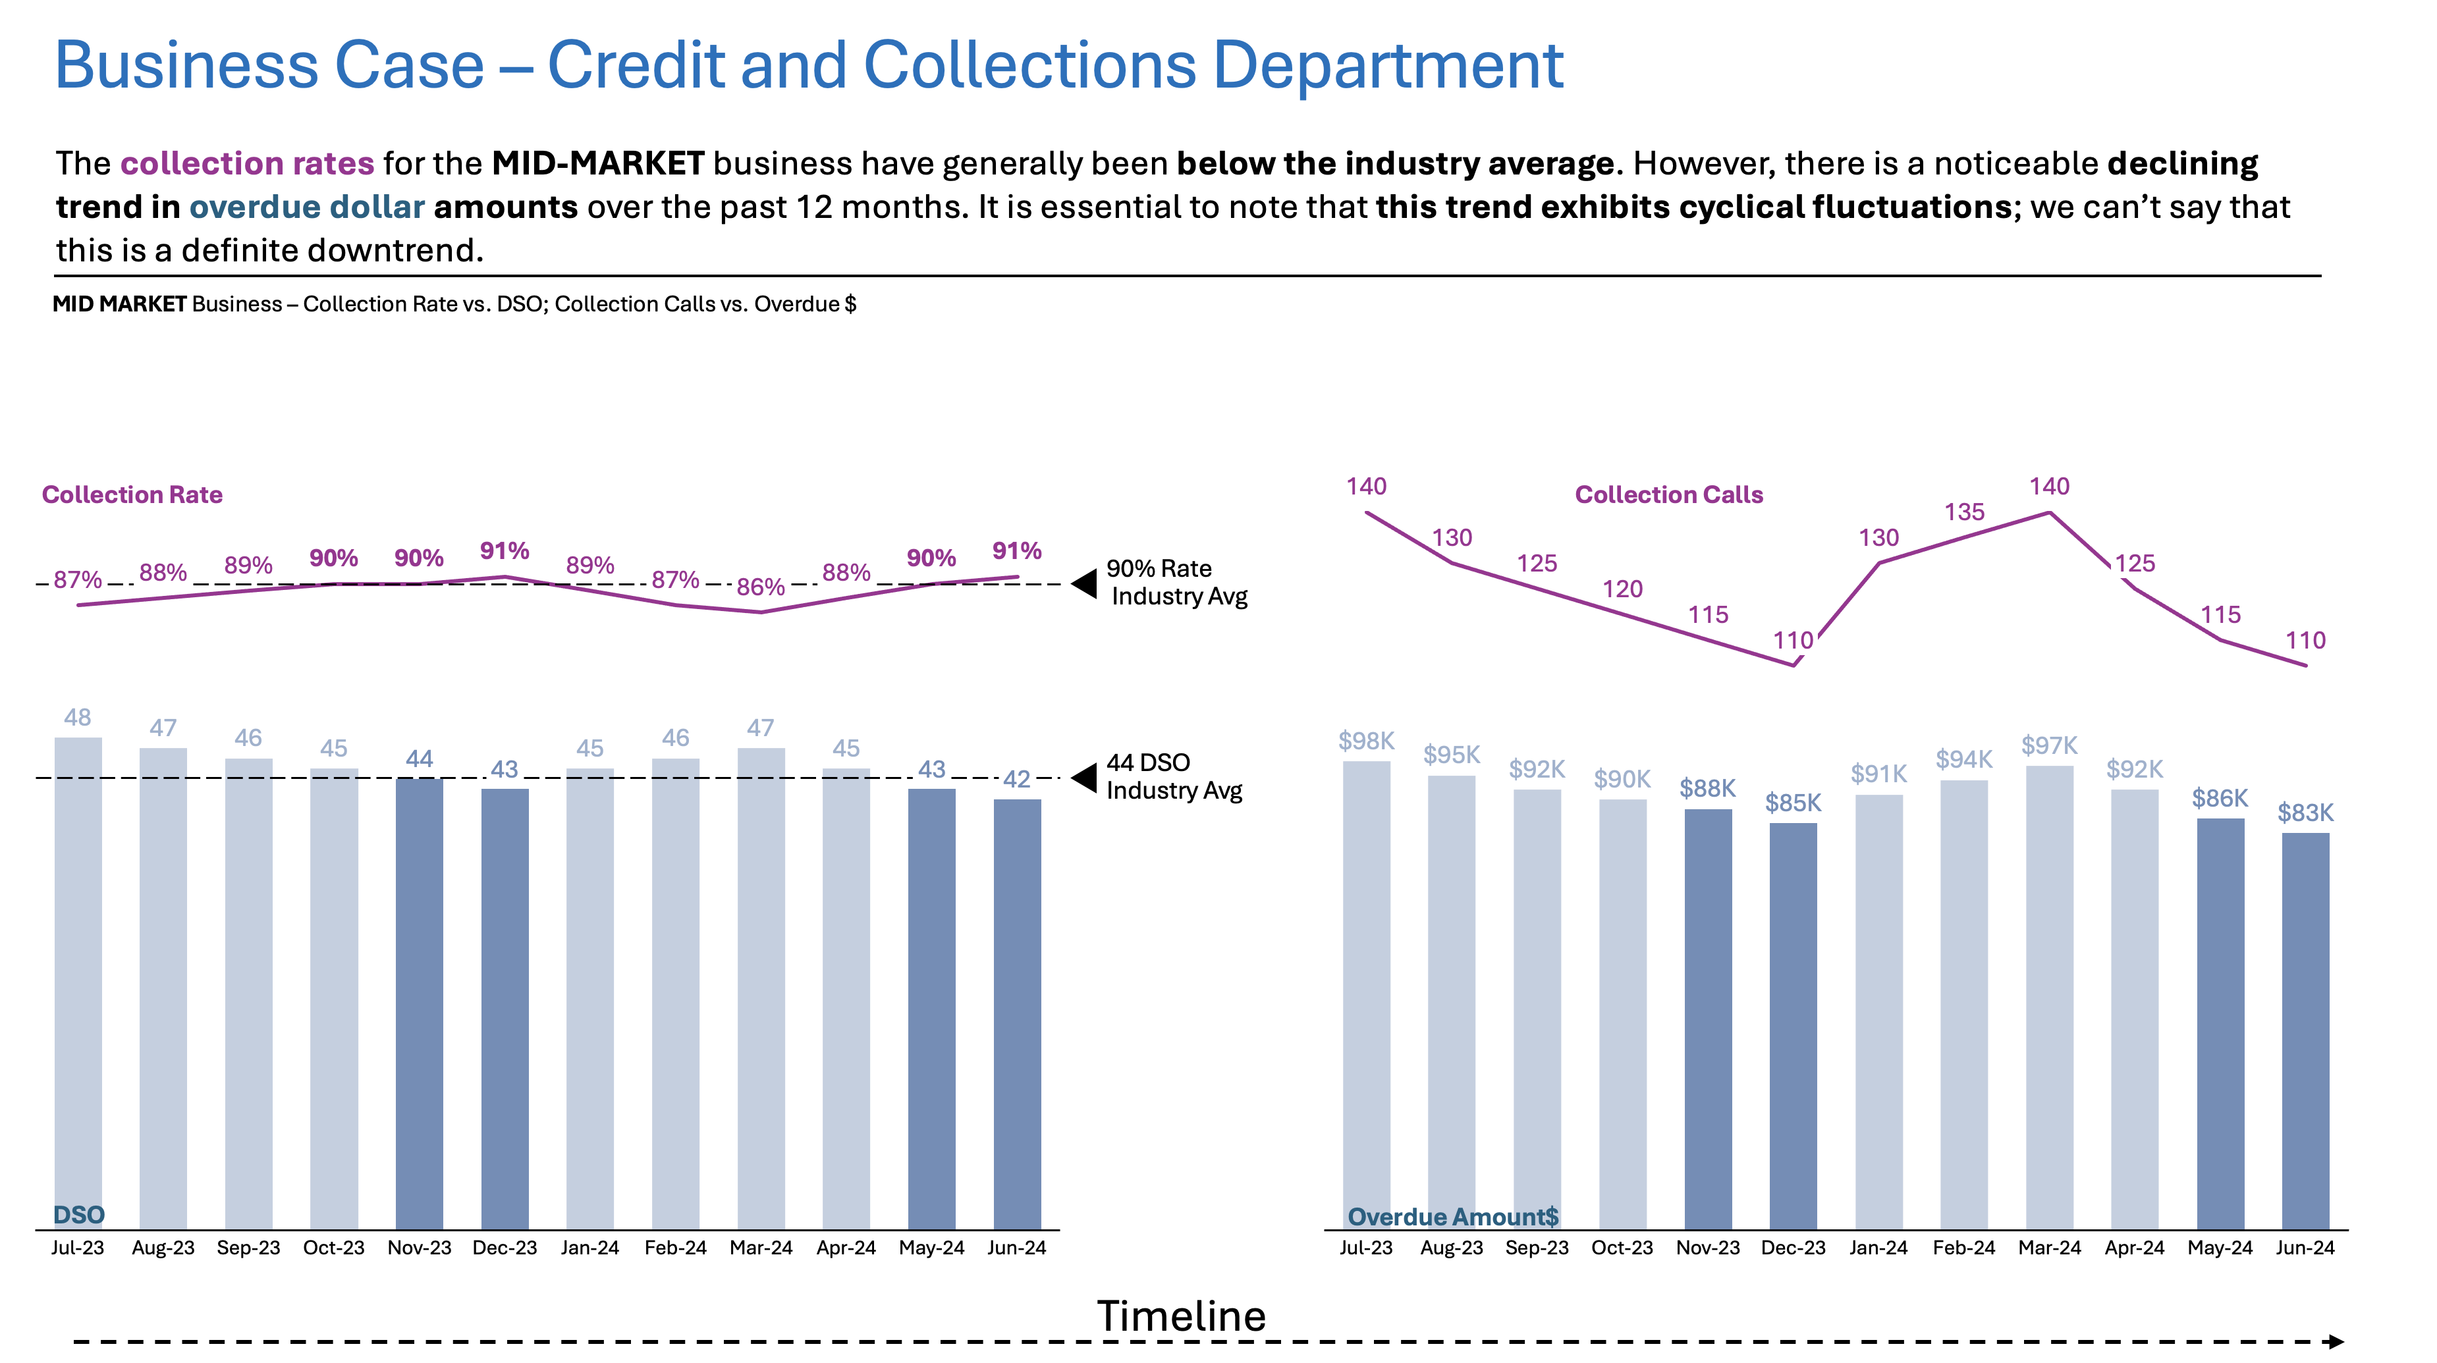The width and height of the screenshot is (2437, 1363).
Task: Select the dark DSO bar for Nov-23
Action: pyautogui.click(x=419, y=1003)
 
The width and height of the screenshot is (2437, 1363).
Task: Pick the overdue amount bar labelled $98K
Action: pyautogui.click(x=1366, y=993)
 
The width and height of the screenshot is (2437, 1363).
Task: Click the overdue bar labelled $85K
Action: pyautogui.click(x=1793, y=1027)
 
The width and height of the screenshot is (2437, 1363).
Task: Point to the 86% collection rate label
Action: pyautogui.click(x=761, y=587)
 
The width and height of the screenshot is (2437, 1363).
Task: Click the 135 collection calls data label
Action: pyautogui.click(x=1964, y=512)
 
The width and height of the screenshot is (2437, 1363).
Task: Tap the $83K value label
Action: pyautogui.click(x=2305, y=813)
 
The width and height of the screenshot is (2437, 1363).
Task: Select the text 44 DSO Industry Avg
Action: pyautogui.click(x=1173, y=776)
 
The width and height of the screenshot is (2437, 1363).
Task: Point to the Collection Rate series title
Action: pyautogui.click(x=132, y=494)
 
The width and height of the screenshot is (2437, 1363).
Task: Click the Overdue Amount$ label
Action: pyautogui.click(x=1452, y=1216)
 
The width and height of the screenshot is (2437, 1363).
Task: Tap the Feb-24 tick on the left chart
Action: pyautogui.click(x=676, y=1248)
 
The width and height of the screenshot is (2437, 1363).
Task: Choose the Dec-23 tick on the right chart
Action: pyautogui.click(x=1793, y=1248)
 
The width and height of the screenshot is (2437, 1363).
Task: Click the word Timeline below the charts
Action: pyautogui.click(x=1181, y=1316)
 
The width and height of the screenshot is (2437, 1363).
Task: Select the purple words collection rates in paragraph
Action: pyautogui.click(x=247, y=164)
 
